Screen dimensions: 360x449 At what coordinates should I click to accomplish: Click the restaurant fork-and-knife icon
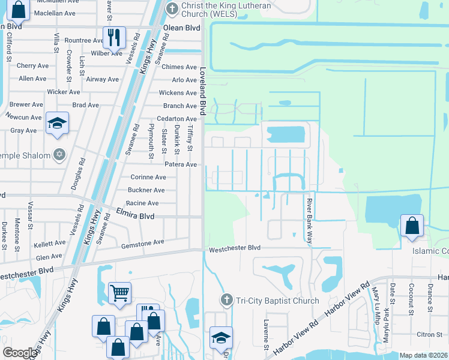point(113,37)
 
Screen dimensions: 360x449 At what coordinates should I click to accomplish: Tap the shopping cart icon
point(119,293)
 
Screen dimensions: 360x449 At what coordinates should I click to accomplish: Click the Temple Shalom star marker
point(59,155)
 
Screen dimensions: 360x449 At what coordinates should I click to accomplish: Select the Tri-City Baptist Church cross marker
point(226,300)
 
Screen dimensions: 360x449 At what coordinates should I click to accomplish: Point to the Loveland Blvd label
point(203,91)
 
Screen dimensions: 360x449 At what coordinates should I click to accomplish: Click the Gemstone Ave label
point(142,242)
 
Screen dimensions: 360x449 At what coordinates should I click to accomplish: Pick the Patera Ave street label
point(181,164)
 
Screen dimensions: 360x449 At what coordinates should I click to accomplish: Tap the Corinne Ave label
point(148,178)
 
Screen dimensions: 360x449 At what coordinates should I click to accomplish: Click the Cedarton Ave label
point(176,119)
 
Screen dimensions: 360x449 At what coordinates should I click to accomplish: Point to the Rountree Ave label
point(84,41)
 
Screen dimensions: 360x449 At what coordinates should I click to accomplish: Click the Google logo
point(20,353)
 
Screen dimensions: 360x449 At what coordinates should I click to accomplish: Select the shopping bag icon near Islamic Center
point(412,226)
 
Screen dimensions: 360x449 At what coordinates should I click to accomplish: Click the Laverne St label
point(265,334)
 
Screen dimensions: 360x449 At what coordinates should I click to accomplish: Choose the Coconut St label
point(411,299)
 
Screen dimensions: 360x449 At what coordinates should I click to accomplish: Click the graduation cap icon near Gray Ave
point(58,124)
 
